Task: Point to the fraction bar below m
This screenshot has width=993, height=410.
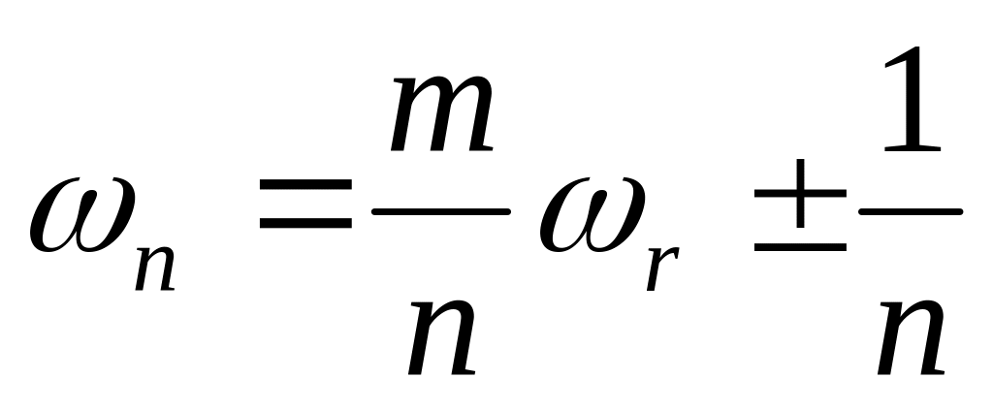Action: point(441,211)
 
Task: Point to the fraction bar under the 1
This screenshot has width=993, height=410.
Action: point(913,211)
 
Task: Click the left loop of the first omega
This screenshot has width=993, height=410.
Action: point(54,218)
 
